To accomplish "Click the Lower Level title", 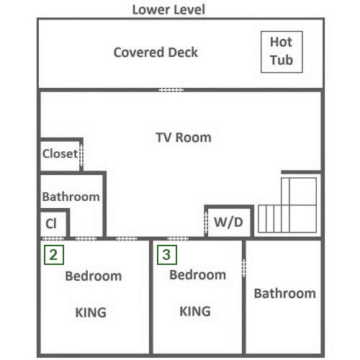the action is (168, 10).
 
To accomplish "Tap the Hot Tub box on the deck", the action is (282, 52).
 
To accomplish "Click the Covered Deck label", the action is (156, 53).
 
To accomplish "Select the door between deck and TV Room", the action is (171, 90).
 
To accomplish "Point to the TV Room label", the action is (184, 138).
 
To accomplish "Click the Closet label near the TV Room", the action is (60, 153).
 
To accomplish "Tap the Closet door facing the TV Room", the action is (81, 156).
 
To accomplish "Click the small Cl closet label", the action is (51, 224).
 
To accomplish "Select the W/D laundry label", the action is (228, 222).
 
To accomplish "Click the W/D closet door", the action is (206, 223).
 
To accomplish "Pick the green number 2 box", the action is (54, 255).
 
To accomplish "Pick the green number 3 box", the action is (167, 255).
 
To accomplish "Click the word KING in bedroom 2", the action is (91, 312).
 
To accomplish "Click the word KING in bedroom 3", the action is (195, 311).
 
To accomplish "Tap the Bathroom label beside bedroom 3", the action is (285, 294).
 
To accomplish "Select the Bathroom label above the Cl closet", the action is (71, 197).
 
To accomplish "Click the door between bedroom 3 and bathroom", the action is (244, 268).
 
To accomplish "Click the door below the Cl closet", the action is (53, 238).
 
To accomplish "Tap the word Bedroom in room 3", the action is (198, 275).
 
